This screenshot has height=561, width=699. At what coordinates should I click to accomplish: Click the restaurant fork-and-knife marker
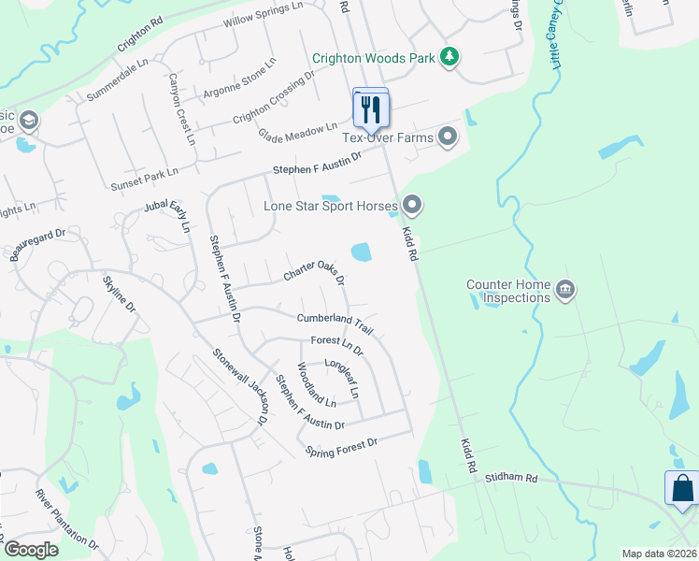click(371, 109)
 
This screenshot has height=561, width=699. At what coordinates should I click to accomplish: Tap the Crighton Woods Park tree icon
click(450, 58)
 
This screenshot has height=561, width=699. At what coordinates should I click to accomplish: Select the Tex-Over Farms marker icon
click(449, 138)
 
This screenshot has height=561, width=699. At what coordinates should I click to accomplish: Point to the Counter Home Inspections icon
click(564, 290)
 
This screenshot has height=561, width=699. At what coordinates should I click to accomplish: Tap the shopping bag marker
click(681, 488)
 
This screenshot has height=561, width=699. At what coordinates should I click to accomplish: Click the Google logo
click(31, 550)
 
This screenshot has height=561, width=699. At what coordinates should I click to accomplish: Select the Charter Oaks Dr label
click(314, 272)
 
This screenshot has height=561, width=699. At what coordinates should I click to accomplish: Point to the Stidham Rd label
click(511, 478)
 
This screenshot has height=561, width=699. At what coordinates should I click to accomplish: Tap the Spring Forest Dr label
click(341, 448)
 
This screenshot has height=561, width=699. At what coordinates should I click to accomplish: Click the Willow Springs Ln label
click(264, 16)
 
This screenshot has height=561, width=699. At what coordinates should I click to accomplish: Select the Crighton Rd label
click(140, 37)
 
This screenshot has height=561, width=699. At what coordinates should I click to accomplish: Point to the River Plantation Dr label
click(66, 518)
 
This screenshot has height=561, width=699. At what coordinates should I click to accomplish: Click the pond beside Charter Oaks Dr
click(360, 252)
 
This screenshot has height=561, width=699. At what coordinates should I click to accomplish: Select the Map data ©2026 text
click(658, 553)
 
